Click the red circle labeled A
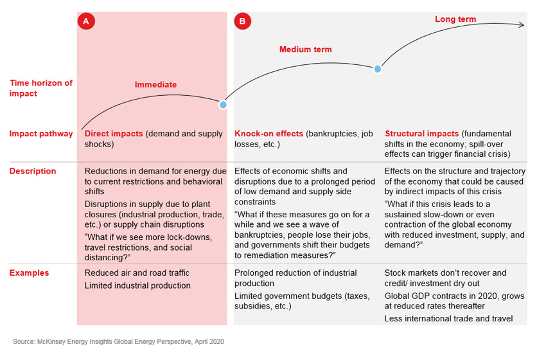pos(86,21)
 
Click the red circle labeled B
pos(242,21)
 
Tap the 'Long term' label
pos(455,19)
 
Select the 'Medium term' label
pos(305,50)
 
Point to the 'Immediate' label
pos(155,84)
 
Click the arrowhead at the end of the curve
pos(522,25)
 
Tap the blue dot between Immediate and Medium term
pos(223,104)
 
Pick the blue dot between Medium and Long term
pos(378,69)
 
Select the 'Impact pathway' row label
pos(41,134)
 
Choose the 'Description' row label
pos(33,171)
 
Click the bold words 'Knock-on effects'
pos(269,134)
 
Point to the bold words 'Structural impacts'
pos(422,134)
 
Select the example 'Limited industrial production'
pos(137,285)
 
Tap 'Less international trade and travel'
pos(448,318)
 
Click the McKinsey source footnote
pos(118,341)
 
